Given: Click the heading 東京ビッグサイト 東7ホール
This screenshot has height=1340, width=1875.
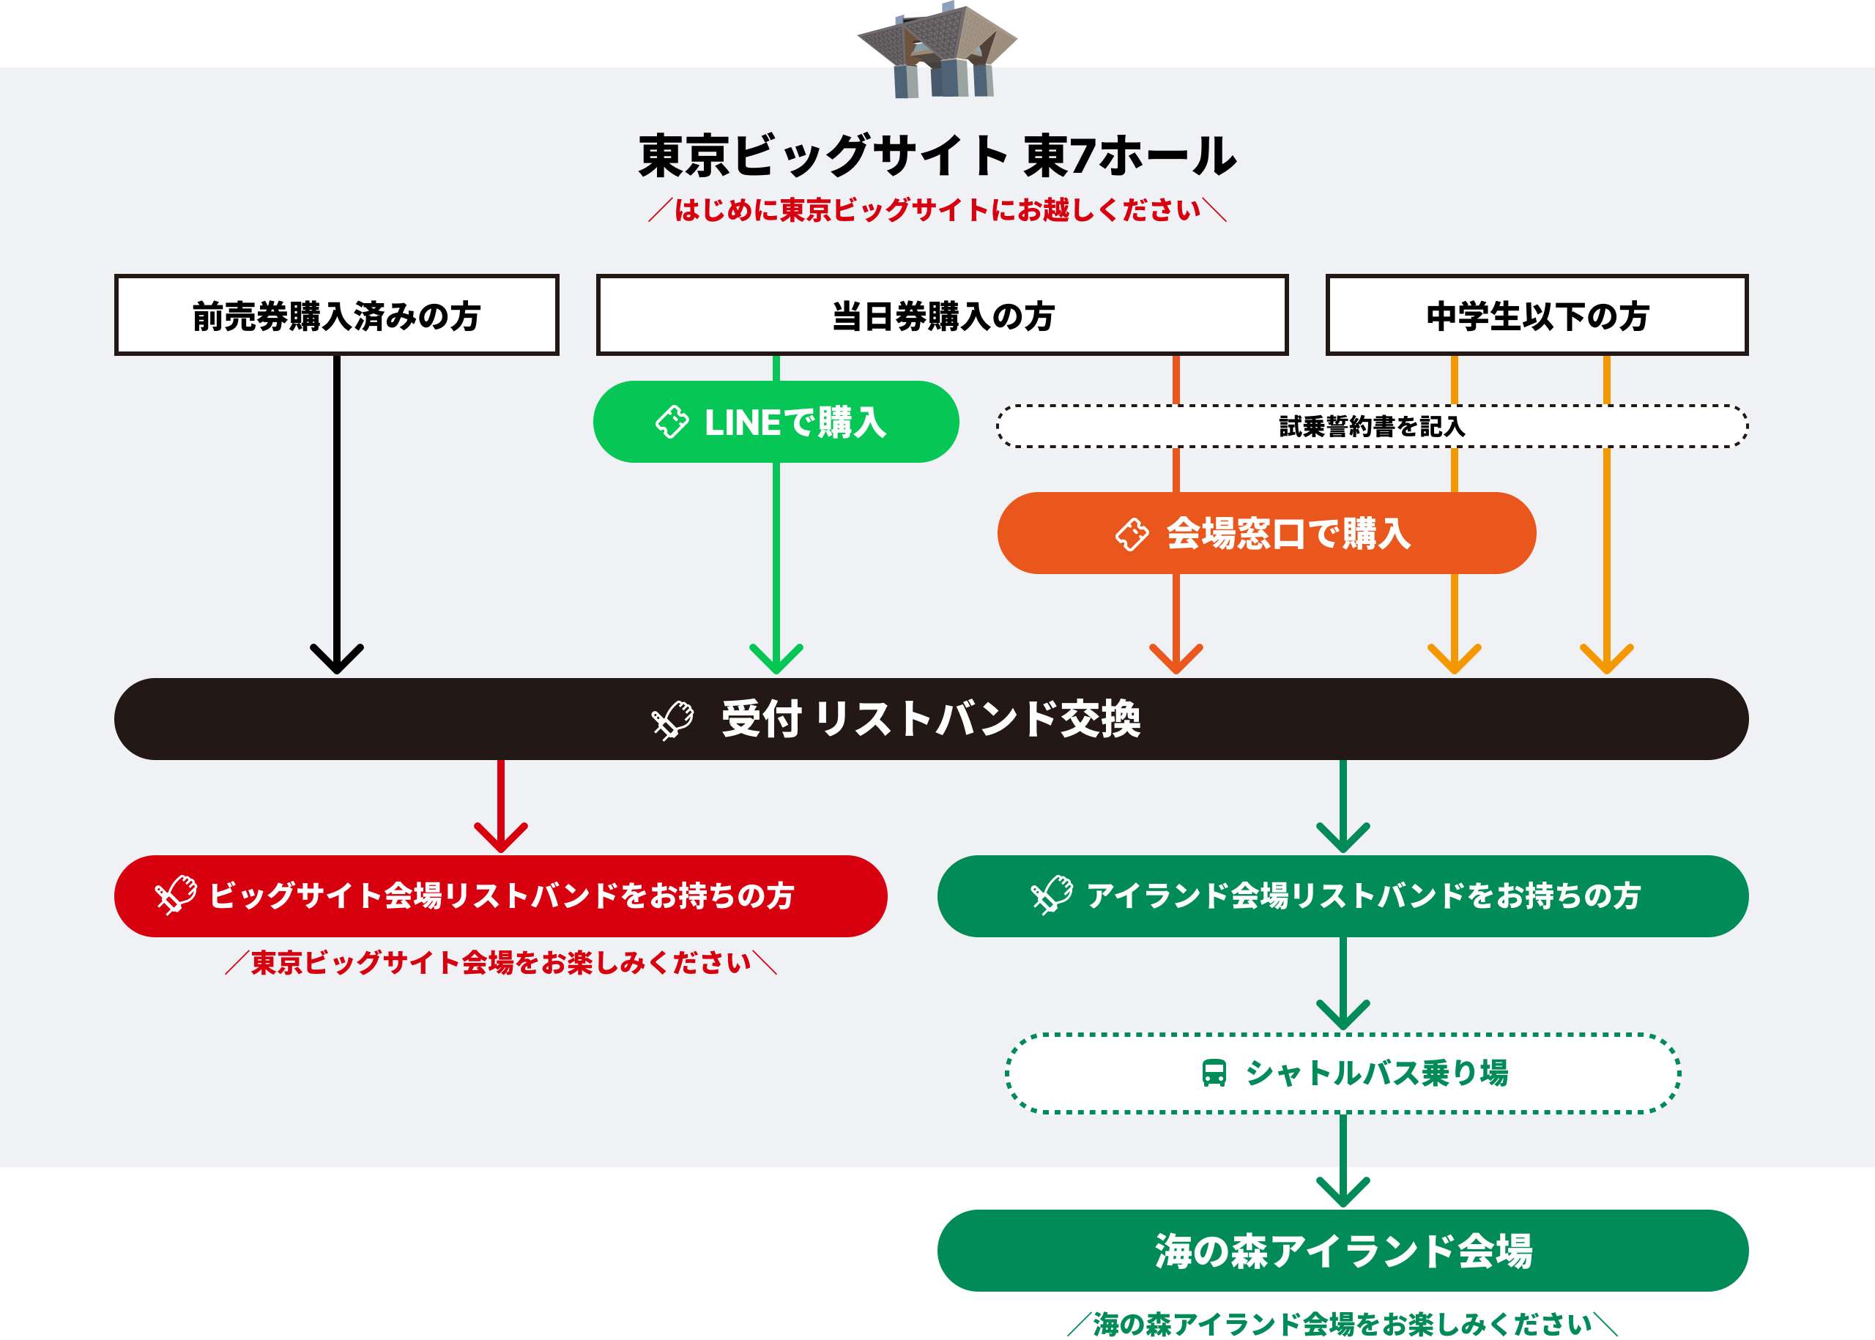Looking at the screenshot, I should point(937,156).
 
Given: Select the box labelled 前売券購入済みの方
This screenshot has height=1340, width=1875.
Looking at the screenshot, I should point(337,315).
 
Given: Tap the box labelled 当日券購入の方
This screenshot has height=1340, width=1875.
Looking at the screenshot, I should point(942,315).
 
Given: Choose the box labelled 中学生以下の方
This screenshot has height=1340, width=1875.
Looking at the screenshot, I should point(1537,315).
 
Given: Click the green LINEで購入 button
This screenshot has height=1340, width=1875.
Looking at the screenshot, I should point(776,422).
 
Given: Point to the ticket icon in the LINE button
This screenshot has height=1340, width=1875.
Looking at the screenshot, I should point(672,422).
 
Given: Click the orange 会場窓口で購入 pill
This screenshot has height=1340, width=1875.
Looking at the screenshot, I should point(1266,533).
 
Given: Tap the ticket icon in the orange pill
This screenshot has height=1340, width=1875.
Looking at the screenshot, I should point(1132,534).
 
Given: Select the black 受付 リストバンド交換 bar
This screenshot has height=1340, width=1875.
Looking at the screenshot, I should point(931,718).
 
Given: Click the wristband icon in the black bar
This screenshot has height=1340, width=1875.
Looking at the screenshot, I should point(672,721).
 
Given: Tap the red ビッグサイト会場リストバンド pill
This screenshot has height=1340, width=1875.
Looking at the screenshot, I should point(501,896).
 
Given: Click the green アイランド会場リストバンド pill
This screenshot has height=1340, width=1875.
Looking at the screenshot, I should point(1343,896).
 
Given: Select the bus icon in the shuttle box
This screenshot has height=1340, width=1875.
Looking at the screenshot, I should point(1213,1073).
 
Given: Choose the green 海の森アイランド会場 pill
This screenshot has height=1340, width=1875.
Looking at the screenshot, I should point(1343,1251).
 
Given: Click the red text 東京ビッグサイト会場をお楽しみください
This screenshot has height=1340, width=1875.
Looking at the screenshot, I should point(501,963).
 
